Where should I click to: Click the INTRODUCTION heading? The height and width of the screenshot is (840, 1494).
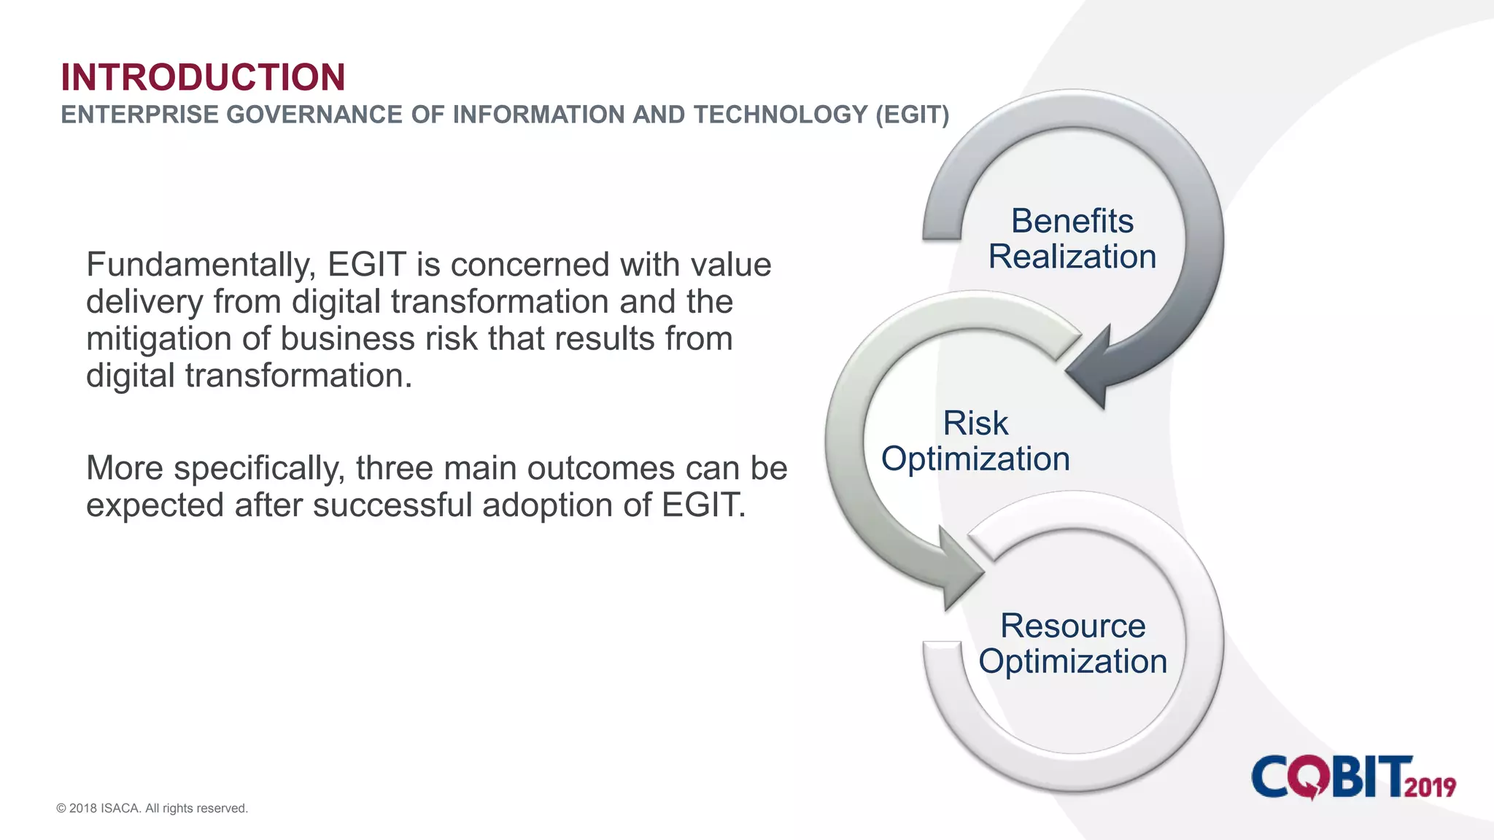coord(203,77)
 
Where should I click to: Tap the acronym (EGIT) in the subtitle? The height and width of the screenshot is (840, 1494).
coord(912,115)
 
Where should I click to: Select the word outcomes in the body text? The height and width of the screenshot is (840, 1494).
coord(601,469)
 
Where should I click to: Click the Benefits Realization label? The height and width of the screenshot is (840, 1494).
coord(1072,239)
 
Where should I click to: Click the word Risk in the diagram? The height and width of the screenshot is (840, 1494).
coord(975,424)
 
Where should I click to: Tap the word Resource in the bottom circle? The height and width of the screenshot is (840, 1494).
coord(1072,626)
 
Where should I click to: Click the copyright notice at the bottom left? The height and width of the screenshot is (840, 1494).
coord(152,809)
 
